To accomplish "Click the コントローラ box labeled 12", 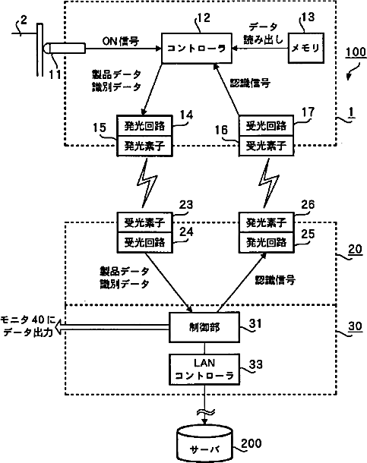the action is [x=197, y=48].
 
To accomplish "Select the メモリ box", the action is [x=306, y=48].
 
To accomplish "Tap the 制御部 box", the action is [x=204, y=327].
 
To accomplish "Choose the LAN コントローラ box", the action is [x=204, y=370].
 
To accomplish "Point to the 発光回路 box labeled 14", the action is [x=144, y=126].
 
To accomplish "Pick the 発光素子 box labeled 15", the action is [x=144, y=146].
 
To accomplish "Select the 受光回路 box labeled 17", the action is [x=266, y=126].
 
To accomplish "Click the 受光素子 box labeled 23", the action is [x=144, y=222].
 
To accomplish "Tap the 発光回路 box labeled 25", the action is [x=266, y=242].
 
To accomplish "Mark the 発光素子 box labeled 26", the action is [x=266, y=222].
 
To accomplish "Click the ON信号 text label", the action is [x=121, y=41].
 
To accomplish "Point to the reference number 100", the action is [x=356, y=52].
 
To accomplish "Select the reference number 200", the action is [x=252, y=443].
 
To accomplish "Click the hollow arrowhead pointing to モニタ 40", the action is [x=59, y=327].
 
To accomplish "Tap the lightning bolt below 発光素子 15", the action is [x=147, y=183].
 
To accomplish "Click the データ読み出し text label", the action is [x=263, y=33].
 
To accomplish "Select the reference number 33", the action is [x=256, y=364].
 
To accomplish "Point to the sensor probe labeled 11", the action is [x=65, y=48].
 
